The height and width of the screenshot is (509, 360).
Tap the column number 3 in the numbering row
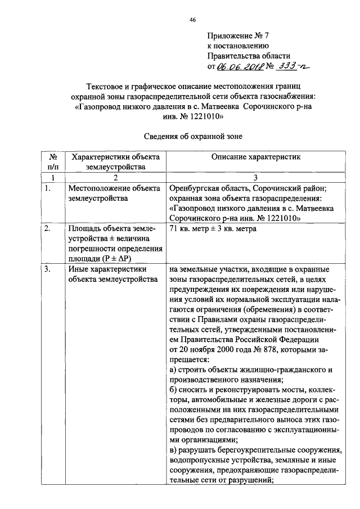(x=256, y=177)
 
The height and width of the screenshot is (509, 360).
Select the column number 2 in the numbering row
(x=112, y=177)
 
